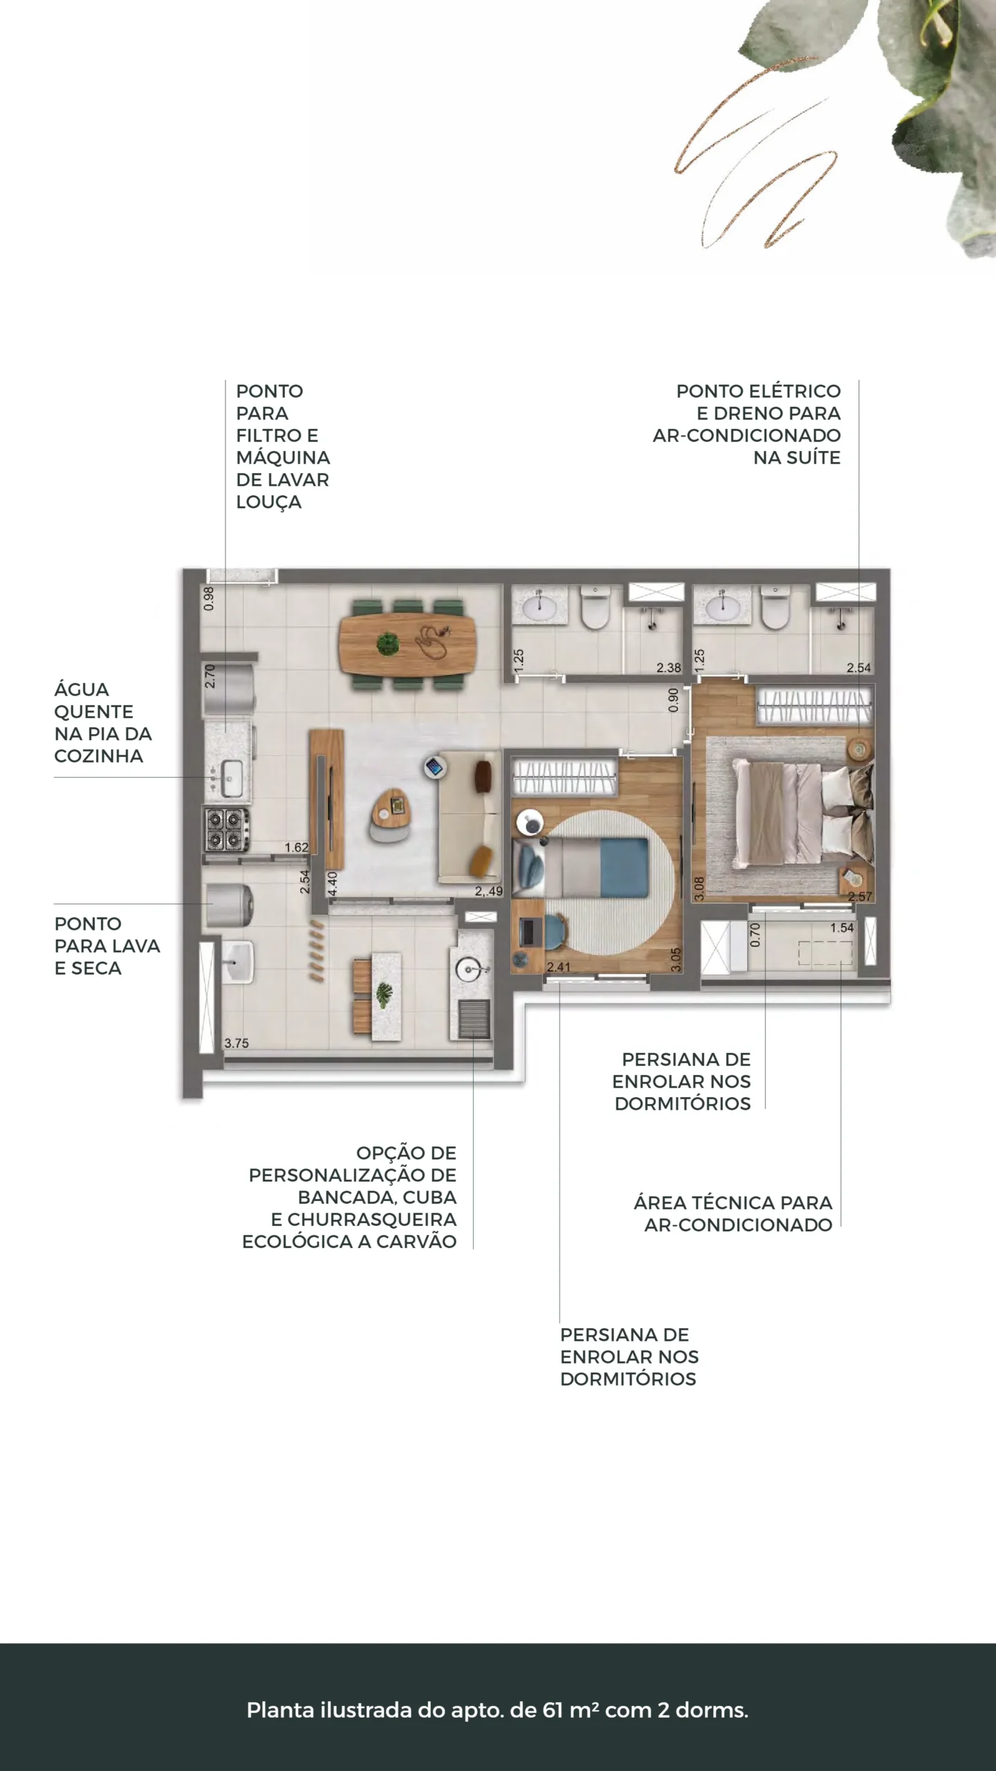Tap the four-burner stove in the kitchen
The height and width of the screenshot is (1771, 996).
[226, 829]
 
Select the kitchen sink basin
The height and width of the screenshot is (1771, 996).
[230, 778]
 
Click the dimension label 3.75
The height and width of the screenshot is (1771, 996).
[237, 1043]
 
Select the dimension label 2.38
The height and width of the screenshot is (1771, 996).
[668, 668]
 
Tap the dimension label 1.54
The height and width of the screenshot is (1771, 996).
[842, 928]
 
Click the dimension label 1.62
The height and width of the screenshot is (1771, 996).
[296, 847]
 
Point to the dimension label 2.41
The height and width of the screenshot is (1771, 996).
[558, 967]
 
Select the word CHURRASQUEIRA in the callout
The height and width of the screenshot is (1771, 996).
[372, 1220]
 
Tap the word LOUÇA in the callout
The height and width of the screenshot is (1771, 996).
[269, 503]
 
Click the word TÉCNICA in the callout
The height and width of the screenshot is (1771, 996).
[732, 1203]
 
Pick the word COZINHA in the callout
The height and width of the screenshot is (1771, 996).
[99, 756]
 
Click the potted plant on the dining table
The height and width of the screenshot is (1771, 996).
[388, 644]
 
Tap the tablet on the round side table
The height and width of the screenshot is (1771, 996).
[435, 767]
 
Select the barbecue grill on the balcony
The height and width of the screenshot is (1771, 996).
[474, 1019]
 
